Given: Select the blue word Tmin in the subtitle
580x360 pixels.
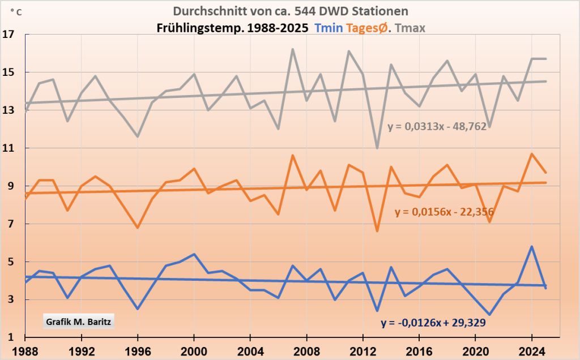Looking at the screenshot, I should coord(328,28).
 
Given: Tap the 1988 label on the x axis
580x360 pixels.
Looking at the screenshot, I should coord(25,349).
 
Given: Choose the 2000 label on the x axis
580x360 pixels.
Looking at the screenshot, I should coord(194,349).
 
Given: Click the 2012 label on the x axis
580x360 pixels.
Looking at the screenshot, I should coord(362,349).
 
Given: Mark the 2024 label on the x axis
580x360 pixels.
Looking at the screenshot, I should coord(532,349).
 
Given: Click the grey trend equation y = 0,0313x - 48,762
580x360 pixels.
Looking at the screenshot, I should coord(437,127).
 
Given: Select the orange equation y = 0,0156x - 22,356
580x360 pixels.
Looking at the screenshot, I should coord(444,212).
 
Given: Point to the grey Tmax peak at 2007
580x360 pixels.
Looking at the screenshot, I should coord(292,49).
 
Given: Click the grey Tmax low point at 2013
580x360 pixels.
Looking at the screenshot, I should coord(377,148).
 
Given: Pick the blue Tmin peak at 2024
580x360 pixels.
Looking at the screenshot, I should coord(532,247).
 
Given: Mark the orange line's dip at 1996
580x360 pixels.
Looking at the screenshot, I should coord(138,228).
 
